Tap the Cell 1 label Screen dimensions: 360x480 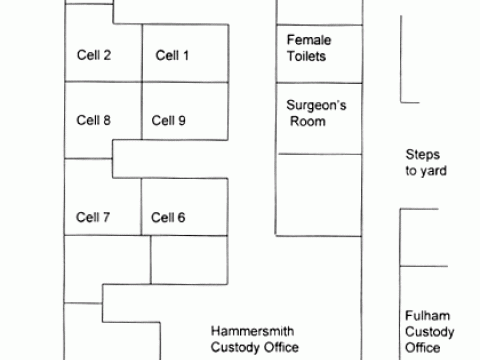pos(172,55)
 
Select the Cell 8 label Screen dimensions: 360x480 pos(93,121)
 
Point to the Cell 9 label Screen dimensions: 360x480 pos(168,121)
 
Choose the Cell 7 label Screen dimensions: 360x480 pos(93,217)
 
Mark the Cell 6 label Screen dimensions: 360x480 pos(168,217)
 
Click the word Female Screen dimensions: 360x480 pos(308,40)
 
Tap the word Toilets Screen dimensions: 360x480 pos(307,57)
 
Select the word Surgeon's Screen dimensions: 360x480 pos(317,104)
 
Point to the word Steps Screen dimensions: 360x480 pos(422,154)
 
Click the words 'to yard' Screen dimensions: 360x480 pos(425,171)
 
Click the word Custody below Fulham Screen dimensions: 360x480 pos(430,331)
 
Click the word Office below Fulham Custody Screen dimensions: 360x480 pos(423,348)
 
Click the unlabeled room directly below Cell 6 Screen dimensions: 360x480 pos(185,260)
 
